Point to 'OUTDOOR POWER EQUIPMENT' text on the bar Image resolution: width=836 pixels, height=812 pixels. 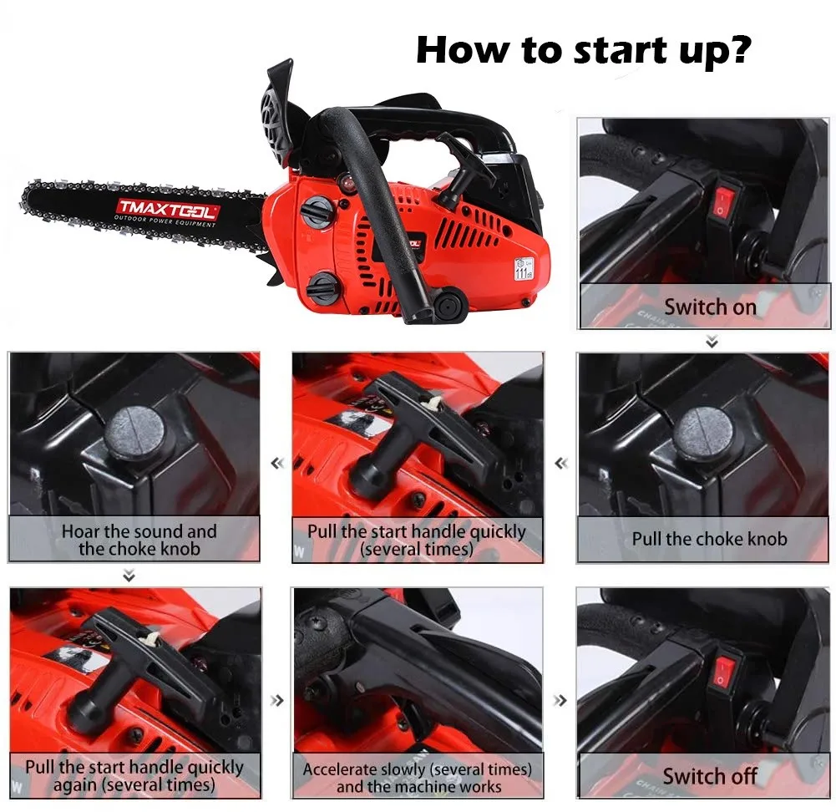pyautogui.click(x=165, y=223)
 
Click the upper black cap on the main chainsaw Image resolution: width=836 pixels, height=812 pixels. pyautogui.click(x=317, y=212)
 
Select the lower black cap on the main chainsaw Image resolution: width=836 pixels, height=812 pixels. pyautogui.click(x=322, y=288)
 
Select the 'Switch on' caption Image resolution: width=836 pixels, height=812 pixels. pyautogui.click(x=709, y=307)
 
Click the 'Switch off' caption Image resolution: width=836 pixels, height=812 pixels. pyautogui.click(x=709, y=776)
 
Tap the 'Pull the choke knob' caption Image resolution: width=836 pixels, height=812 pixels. pyautogui.click(x=709, y=539)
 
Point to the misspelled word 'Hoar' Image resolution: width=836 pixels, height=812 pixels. pyautogui.click(x=80, y=531)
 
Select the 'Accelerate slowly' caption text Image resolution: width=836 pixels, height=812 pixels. pyautogui.click(x=417, y=769)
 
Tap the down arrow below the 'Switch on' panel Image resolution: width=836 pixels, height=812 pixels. pyautogui.click(x=712, y=341)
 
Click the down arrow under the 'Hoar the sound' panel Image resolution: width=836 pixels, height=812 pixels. pyautogui.click(x=129, y=576)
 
